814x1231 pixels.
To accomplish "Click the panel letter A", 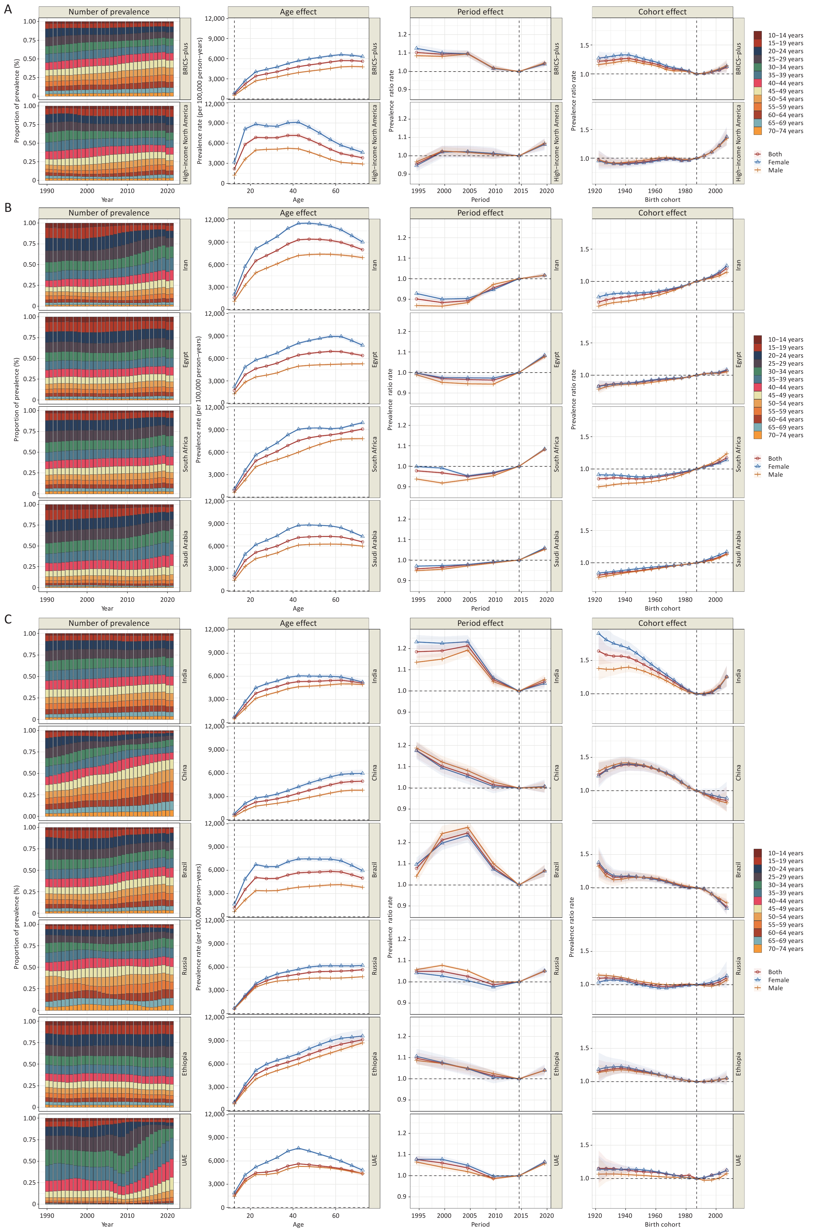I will tap(8, 9).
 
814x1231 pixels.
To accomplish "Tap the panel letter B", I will tap(8, 207).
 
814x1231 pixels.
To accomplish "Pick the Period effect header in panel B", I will tap(480, 213).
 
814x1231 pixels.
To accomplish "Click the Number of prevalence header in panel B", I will tap(109, 213).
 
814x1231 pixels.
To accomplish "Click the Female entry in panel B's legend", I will tap(778, 467).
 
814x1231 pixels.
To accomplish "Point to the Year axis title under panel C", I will tap(107, 1224).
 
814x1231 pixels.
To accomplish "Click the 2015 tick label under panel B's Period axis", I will tap(521, 599).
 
